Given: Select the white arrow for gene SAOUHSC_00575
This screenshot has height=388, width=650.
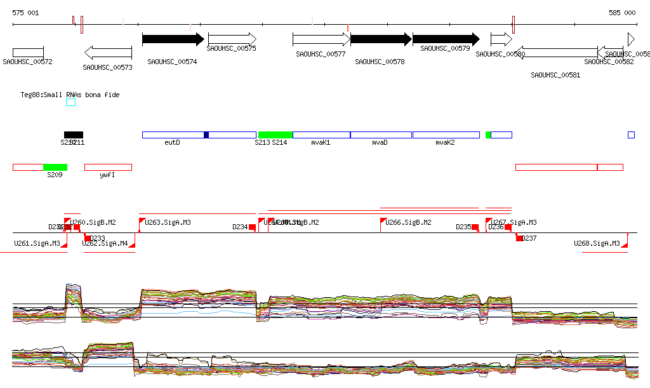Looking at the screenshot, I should pos(232,39).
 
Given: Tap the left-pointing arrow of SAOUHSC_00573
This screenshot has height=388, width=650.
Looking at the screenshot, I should pos(108,52).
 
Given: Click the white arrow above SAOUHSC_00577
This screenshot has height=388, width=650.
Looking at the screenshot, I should pos(321,39).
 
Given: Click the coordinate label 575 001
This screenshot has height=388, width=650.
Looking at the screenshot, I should pos(25,13).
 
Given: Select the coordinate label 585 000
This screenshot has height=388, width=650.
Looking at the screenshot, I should pos(622,13).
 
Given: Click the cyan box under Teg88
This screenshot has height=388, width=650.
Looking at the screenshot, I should pos(70,102).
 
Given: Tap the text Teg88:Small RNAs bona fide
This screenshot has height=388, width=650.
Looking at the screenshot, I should pos(70,95).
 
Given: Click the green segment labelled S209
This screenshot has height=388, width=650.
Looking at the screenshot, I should pos(55,167).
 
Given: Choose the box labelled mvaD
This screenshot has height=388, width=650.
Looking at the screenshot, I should pos(381,135).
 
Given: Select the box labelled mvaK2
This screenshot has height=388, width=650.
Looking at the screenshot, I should pos(446,135).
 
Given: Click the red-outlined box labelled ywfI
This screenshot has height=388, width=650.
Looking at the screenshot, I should pos(108,167).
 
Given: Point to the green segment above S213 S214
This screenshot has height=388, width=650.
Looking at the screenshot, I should pos(275,135).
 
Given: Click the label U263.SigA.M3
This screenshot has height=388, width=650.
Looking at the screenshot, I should pos(168,223).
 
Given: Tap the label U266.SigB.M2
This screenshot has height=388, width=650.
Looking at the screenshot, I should pos(409,223).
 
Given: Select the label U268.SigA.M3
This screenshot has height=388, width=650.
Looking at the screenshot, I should pos(597,243).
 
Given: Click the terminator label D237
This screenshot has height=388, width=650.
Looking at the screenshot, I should pos(529,239).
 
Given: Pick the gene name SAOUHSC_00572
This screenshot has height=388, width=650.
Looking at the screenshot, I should pos(27,62).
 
